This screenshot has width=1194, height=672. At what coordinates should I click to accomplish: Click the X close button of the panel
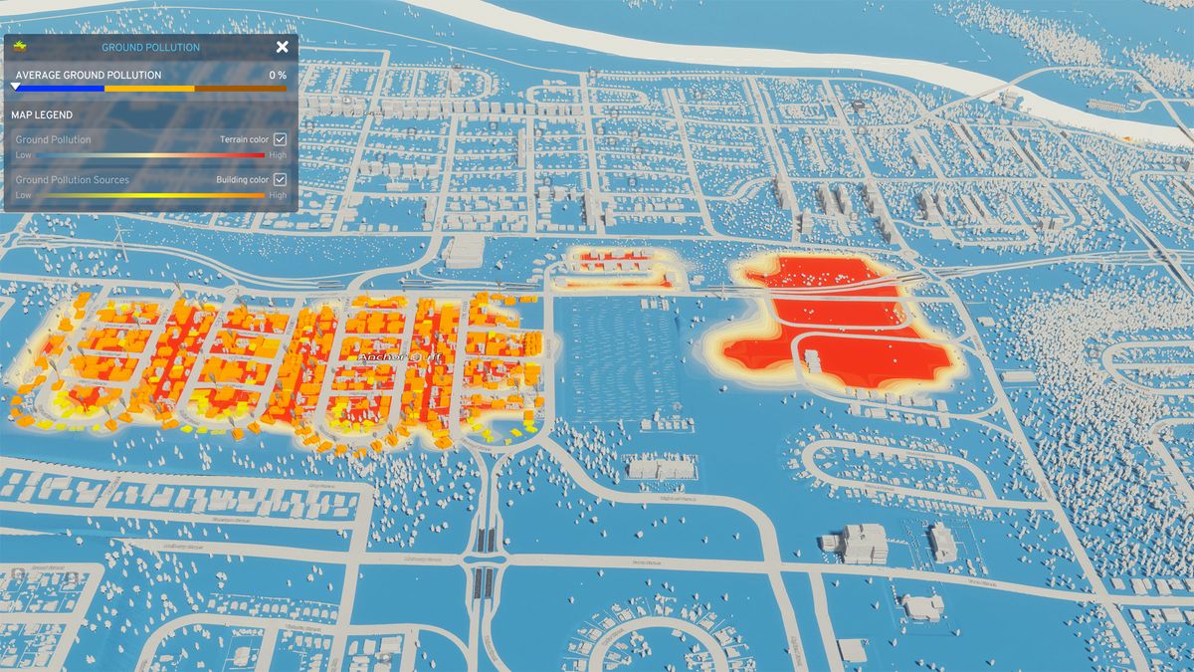point(283,47)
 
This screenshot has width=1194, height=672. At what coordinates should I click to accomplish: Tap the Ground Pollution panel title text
point(150,48)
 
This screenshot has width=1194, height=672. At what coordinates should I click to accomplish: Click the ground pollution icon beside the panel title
point(20,46)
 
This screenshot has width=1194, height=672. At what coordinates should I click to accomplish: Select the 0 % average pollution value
point(278,75)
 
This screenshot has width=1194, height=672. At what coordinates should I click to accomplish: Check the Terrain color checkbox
point(281,139)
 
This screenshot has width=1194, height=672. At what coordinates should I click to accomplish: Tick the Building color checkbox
point(281,179)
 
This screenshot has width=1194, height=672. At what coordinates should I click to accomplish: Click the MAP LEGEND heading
point(42,114)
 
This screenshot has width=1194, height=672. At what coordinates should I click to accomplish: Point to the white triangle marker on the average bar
point(15,88)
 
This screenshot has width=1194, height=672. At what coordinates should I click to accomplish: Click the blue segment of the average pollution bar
point(60,89)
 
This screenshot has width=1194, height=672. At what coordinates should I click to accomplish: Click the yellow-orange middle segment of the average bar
point(149,89)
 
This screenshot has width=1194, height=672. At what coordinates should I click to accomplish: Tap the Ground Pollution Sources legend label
point(72,180)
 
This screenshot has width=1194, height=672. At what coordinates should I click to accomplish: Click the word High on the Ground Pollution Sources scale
point(278,195)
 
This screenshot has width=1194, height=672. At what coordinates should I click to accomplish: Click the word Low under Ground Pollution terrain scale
point(23,155)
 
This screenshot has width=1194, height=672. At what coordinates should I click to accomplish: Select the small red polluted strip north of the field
point(618,265)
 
